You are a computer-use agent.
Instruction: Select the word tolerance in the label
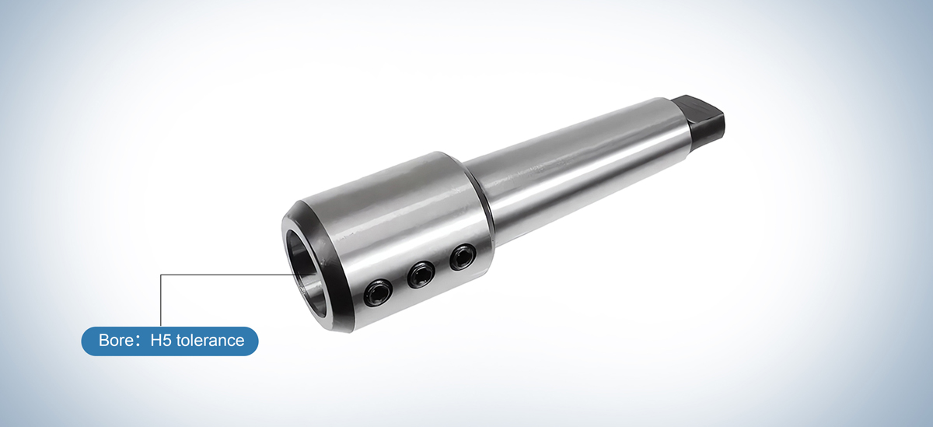pos(210,341)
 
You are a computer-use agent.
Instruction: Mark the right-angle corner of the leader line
pos(161,275)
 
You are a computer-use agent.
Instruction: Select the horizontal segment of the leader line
pos(225,275)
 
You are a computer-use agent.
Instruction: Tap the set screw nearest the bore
pos(378,293)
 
